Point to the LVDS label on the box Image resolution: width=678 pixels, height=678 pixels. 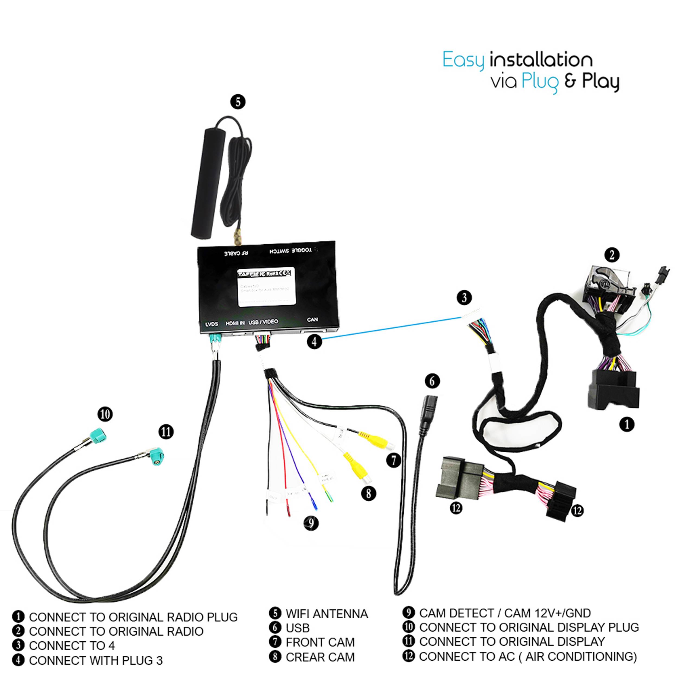pyautogui.click(x=212, y=324)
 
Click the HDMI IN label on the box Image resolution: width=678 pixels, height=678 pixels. pyautogui.click(x=235, y=323)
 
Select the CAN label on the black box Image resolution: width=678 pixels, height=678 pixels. pyautogui.click(x=312, y=319)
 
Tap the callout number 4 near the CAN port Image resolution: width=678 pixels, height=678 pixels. pyautogui.click(x=314, y=341)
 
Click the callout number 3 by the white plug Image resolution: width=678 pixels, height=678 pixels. pyautogui.click(x=464, y=297)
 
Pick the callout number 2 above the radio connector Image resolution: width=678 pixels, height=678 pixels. pyautogui.click(x=612, y=255)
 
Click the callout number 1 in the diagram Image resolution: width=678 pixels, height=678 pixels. pyautogui.click(x=627, y=424)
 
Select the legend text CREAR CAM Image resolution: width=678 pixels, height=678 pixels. pyautogui.click(x=320, y=657)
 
